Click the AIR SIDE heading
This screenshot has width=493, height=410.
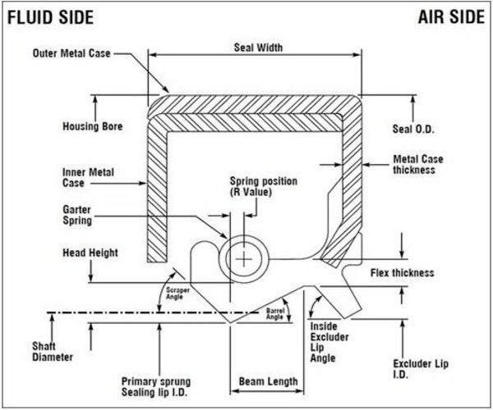click(451, 17)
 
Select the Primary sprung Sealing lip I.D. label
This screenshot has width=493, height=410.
click(159, 386)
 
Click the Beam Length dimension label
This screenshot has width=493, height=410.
click(265, 382)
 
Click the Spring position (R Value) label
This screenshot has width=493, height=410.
click(263, 186)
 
